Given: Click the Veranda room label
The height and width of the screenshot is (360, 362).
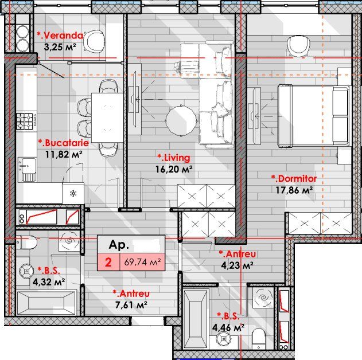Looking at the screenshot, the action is tap(60, 36).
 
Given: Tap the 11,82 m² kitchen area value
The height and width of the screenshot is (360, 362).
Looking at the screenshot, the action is tap(64, 154).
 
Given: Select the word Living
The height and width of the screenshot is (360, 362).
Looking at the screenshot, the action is tap(174, 158).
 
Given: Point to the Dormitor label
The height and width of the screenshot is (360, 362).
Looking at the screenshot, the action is tap(294, 179).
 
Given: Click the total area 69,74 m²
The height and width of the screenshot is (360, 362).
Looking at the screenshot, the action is tap(142, 262).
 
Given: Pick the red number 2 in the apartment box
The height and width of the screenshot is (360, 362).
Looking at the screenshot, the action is tap(108, 262).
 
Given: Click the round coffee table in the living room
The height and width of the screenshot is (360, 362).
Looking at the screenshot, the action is tap(181, 120).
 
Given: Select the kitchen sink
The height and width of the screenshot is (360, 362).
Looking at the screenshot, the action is tap(27, 170).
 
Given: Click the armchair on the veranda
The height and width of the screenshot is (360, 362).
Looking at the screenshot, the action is tap(95, 41).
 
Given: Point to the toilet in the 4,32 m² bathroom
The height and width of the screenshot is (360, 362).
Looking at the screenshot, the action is tap(26, 242).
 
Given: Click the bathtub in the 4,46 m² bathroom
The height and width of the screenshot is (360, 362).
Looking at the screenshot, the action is tap(196, 319).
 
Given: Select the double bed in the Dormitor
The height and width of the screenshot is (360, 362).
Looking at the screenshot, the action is tap(313, 116).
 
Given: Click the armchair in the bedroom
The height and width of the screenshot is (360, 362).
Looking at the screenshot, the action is tap(298, 46).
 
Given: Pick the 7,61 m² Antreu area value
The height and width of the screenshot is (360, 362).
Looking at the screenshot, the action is tap(131, 305).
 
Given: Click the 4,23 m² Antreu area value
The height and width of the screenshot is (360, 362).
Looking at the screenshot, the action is tap(238, 265).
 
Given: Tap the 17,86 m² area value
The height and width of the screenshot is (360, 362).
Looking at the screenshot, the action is tap(294, 190).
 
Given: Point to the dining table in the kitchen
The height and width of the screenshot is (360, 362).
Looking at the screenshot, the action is tap(107, 118).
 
